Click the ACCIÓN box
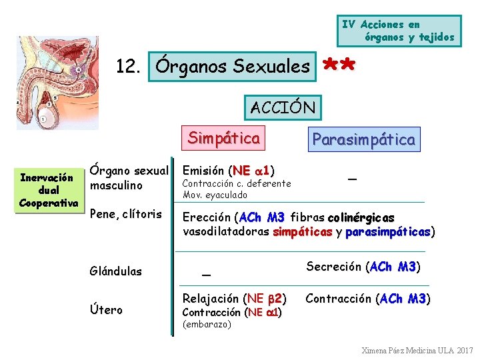(x=283, y=106)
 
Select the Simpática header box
(x=223, y=138)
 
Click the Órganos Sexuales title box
(x=232, y=66)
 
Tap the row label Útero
(x=106, y=309)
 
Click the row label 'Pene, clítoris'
(x=125, y=214)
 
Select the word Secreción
(x=333, y=267)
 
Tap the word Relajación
(x=211, y=298)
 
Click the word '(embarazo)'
(x=207, y=325)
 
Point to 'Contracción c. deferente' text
(x=237, y=183)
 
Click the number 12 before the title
(x=127, y=67)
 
